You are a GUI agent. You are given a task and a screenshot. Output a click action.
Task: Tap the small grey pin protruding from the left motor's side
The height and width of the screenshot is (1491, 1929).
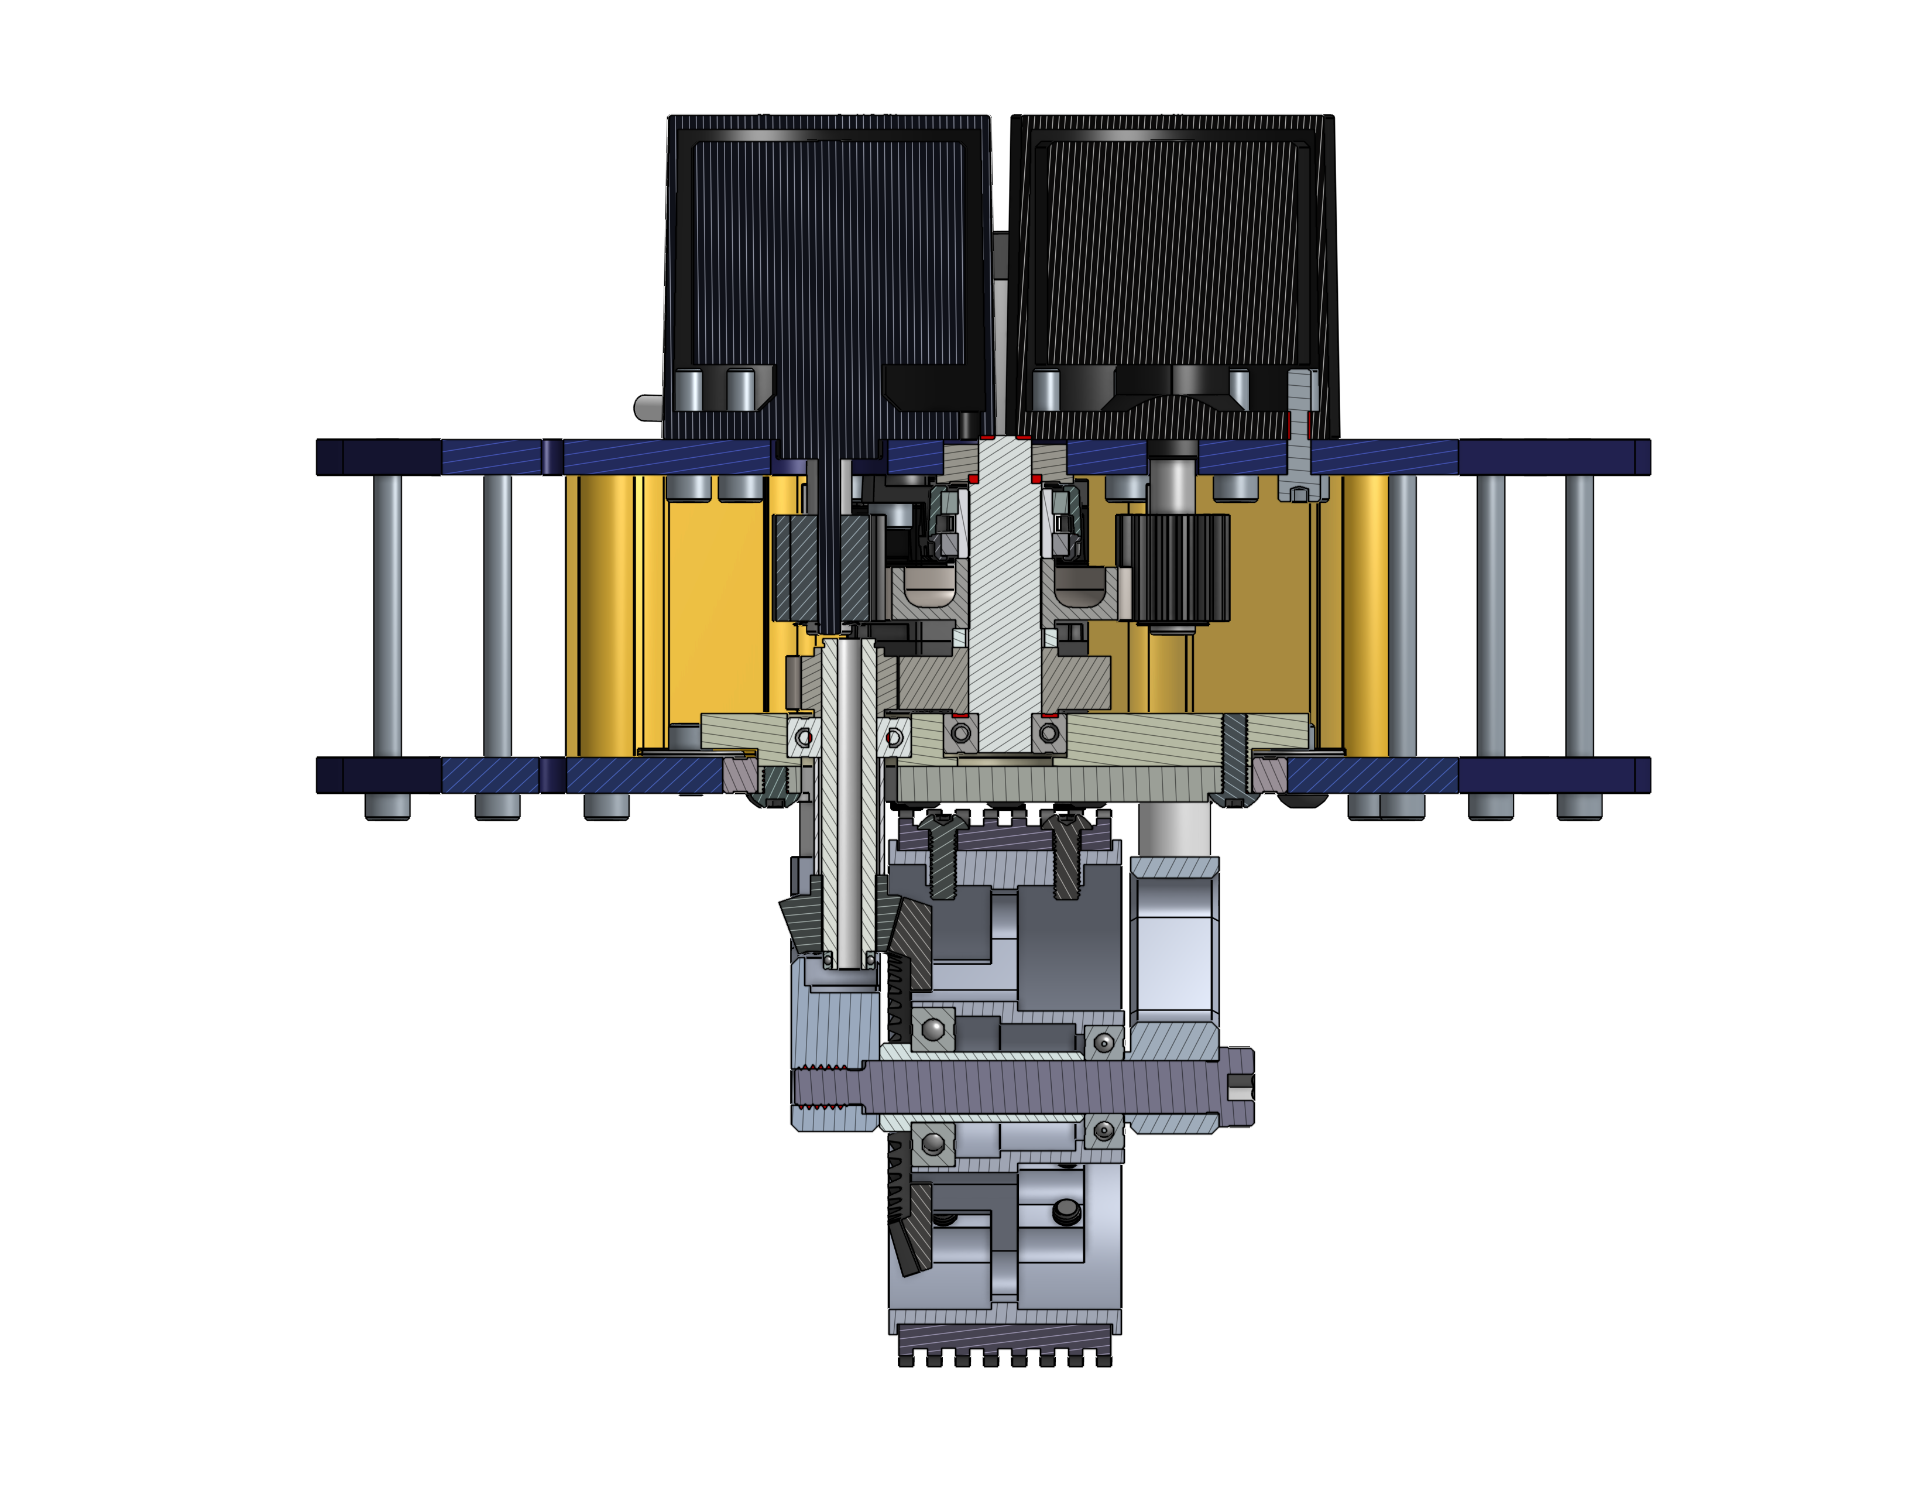coord(648,407)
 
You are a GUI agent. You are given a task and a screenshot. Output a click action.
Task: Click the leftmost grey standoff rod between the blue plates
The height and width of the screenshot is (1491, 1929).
coord(387,616)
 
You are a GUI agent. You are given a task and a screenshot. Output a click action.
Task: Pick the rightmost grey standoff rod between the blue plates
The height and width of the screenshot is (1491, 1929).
coord(1579,616)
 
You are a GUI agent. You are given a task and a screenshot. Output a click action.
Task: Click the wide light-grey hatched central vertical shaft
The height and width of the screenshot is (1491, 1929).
coord(1005,601)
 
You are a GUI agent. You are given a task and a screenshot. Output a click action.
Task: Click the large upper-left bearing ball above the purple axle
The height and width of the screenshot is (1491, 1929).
coord(933,1028)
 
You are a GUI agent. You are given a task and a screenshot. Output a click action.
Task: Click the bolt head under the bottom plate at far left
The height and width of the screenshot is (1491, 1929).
coord(387,806)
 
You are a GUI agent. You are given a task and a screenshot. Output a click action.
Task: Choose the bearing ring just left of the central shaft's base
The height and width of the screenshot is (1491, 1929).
coord(961,733)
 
